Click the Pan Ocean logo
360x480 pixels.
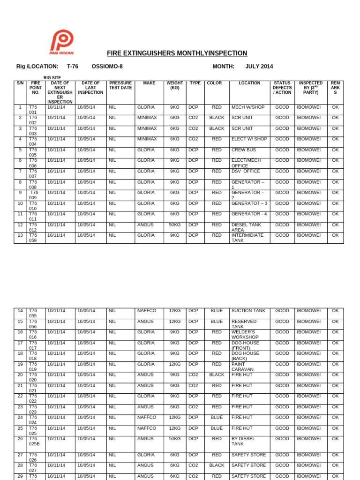pos(61,43)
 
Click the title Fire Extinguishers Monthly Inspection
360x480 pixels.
pos(177,53)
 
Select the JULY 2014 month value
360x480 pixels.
pos(259,67)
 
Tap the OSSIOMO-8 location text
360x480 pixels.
pos(107,67)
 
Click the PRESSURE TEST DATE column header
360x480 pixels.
pos(120,85)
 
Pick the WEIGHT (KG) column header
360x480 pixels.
pos(175,85)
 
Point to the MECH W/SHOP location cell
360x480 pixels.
pos(248,107)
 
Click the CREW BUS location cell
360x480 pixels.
pos(243,150)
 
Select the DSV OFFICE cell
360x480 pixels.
pos(246,172)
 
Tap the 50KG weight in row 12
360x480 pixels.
pos(175,225)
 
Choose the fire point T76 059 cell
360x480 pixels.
pos(33,238)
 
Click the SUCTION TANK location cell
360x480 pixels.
pos(248,311)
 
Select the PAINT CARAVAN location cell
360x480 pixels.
pos(242,367)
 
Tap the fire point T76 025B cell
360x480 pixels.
pos(34,442)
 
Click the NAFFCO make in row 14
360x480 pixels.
pos(147,311)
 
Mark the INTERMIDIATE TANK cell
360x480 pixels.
pos(247,238)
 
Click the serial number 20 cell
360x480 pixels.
pos(20,375)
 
